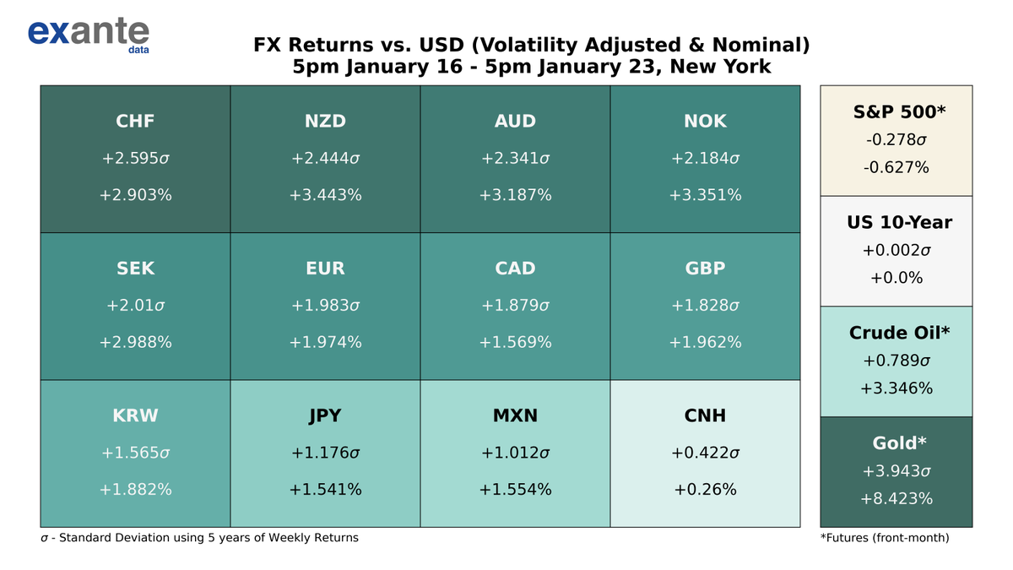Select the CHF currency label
click(135, 122)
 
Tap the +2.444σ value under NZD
click(325, 158)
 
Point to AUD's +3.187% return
click(515, 195)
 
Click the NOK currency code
click(705, 122)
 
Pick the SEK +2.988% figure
click(135, 342)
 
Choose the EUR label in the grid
click(325, 269)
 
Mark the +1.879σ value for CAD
click(515, 305)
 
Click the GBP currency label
click(705, 269)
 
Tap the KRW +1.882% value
click(135, 489)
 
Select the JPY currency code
click(325, 415)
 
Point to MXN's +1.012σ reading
click(515, 453)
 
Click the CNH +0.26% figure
click(705, 489)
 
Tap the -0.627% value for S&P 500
click(896, 167)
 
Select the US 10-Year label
click(899, 223)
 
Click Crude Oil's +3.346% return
click(896, 388)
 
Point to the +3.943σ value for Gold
click(896, 470)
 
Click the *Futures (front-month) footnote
click(884, 538)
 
